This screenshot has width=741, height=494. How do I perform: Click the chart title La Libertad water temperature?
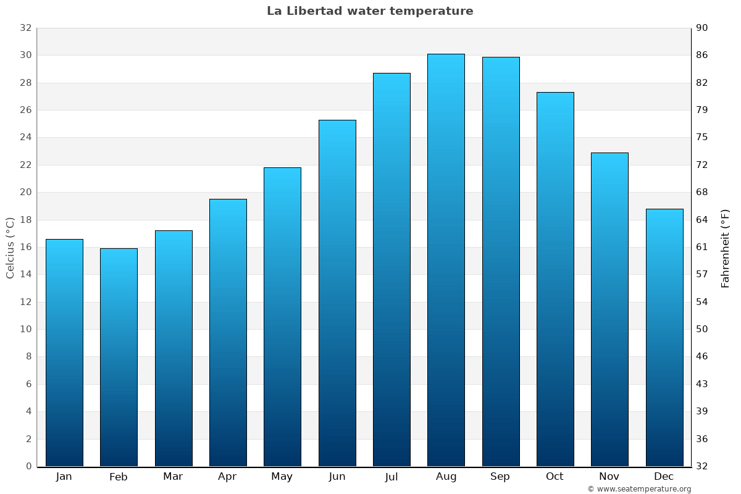pyautogui.click(x=370, y=11)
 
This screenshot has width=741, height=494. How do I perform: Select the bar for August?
pyautogui.click(x=446, y=260)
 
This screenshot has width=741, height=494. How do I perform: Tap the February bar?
pyautogui.click(x=119, y=357)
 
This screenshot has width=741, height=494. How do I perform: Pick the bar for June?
pyautogui.click(x=337, y=293)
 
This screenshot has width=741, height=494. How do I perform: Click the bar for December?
pyautogui.click(x=664, y=337)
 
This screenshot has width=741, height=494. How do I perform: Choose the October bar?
pyautogui.click(x=555, y=279)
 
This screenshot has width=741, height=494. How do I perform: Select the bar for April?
pyautogui.click(x=228, y=332)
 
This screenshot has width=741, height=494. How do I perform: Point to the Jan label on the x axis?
pyautogui.click(x=64, y=477)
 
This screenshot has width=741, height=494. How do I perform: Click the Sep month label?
pyautogui.click(x=500, y=477)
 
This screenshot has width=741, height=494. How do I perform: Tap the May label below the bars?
pyautogui.click(x=282, y=477)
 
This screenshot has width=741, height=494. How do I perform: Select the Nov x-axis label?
pyautogui.click(x=609, y=477)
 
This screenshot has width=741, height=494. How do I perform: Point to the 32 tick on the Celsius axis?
pyautogui.click(x=25, y=28)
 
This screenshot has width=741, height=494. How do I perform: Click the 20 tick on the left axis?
pyautogui.click(x=25, y=192)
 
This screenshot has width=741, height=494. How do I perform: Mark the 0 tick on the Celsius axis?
pyautogui.click(x=28, y=466)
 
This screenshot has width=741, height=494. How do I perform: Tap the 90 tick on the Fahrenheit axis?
pyautogui.click(x=703, y=28)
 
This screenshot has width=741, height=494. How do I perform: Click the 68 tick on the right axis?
pyautogui.click(x=703, y=192)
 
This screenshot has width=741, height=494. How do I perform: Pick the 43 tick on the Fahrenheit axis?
pyautogui.click(x=703, y=384)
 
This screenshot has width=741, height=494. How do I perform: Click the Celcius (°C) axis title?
pyautogui.click(x=10, y=247)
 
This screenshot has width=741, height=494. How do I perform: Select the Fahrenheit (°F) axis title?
pyautogui.click(x=726, y=248)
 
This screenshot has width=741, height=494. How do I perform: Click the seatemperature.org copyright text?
pyautogui.click(x=638, y=489)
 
